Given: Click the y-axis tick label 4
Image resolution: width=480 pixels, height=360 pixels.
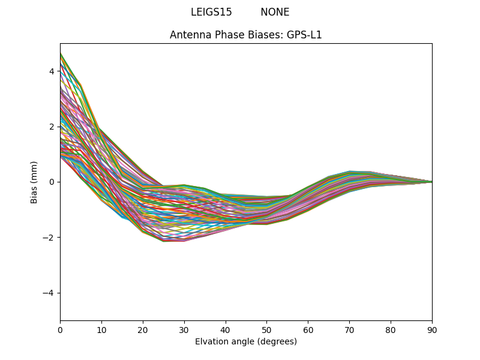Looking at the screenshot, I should point(52,71).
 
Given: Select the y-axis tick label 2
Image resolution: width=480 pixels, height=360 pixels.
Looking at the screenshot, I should point(52,127).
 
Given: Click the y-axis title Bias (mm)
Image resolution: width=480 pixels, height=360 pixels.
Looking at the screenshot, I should point(34,182).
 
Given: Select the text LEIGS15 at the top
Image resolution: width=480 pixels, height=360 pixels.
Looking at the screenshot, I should point(211,12).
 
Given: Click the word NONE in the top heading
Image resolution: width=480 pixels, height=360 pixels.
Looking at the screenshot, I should point(275,12).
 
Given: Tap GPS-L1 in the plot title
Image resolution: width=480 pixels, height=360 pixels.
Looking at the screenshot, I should point(304,35).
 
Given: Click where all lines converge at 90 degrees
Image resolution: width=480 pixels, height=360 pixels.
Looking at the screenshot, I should point(431,182).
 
